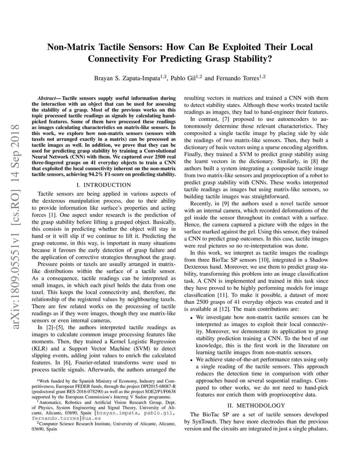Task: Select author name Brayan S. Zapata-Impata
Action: (127, 78)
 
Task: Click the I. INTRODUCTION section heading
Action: (104, 185)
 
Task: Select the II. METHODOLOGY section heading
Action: (256, 406)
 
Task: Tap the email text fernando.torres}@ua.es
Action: (66, 419)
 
